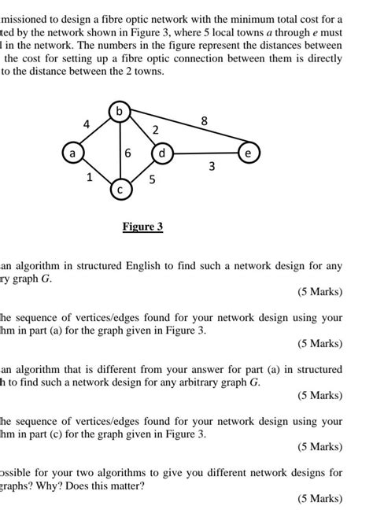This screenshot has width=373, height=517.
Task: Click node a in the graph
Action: pos(72,154)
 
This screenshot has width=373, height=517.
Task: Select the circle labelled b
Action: pos(120,112)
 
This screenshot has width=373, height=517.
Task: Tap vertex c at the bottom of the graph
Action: pos(120,190)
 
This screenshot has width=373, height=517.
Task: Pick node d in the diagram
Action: pos(161,154)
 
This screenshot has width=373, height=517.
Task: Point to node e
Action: pos(249,154)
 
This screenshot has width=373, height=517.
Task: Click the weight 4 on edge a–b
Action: pos(87,124)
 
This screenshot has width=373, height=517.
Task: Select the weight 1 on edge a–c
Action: pos(90,178)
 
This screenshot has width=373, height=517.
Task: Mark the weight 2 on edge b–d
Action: pos(155,129)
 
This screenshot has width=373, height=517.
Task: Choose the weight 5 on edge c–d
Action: pos(152,180)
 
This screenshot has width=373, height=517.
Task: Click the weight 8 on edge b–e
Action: pos(205,121)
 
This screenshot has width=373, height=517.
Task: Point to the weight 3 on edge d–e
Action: pos(212,166)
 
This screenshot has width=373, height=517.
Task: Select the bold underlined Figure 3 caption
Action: pos(142,227)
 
